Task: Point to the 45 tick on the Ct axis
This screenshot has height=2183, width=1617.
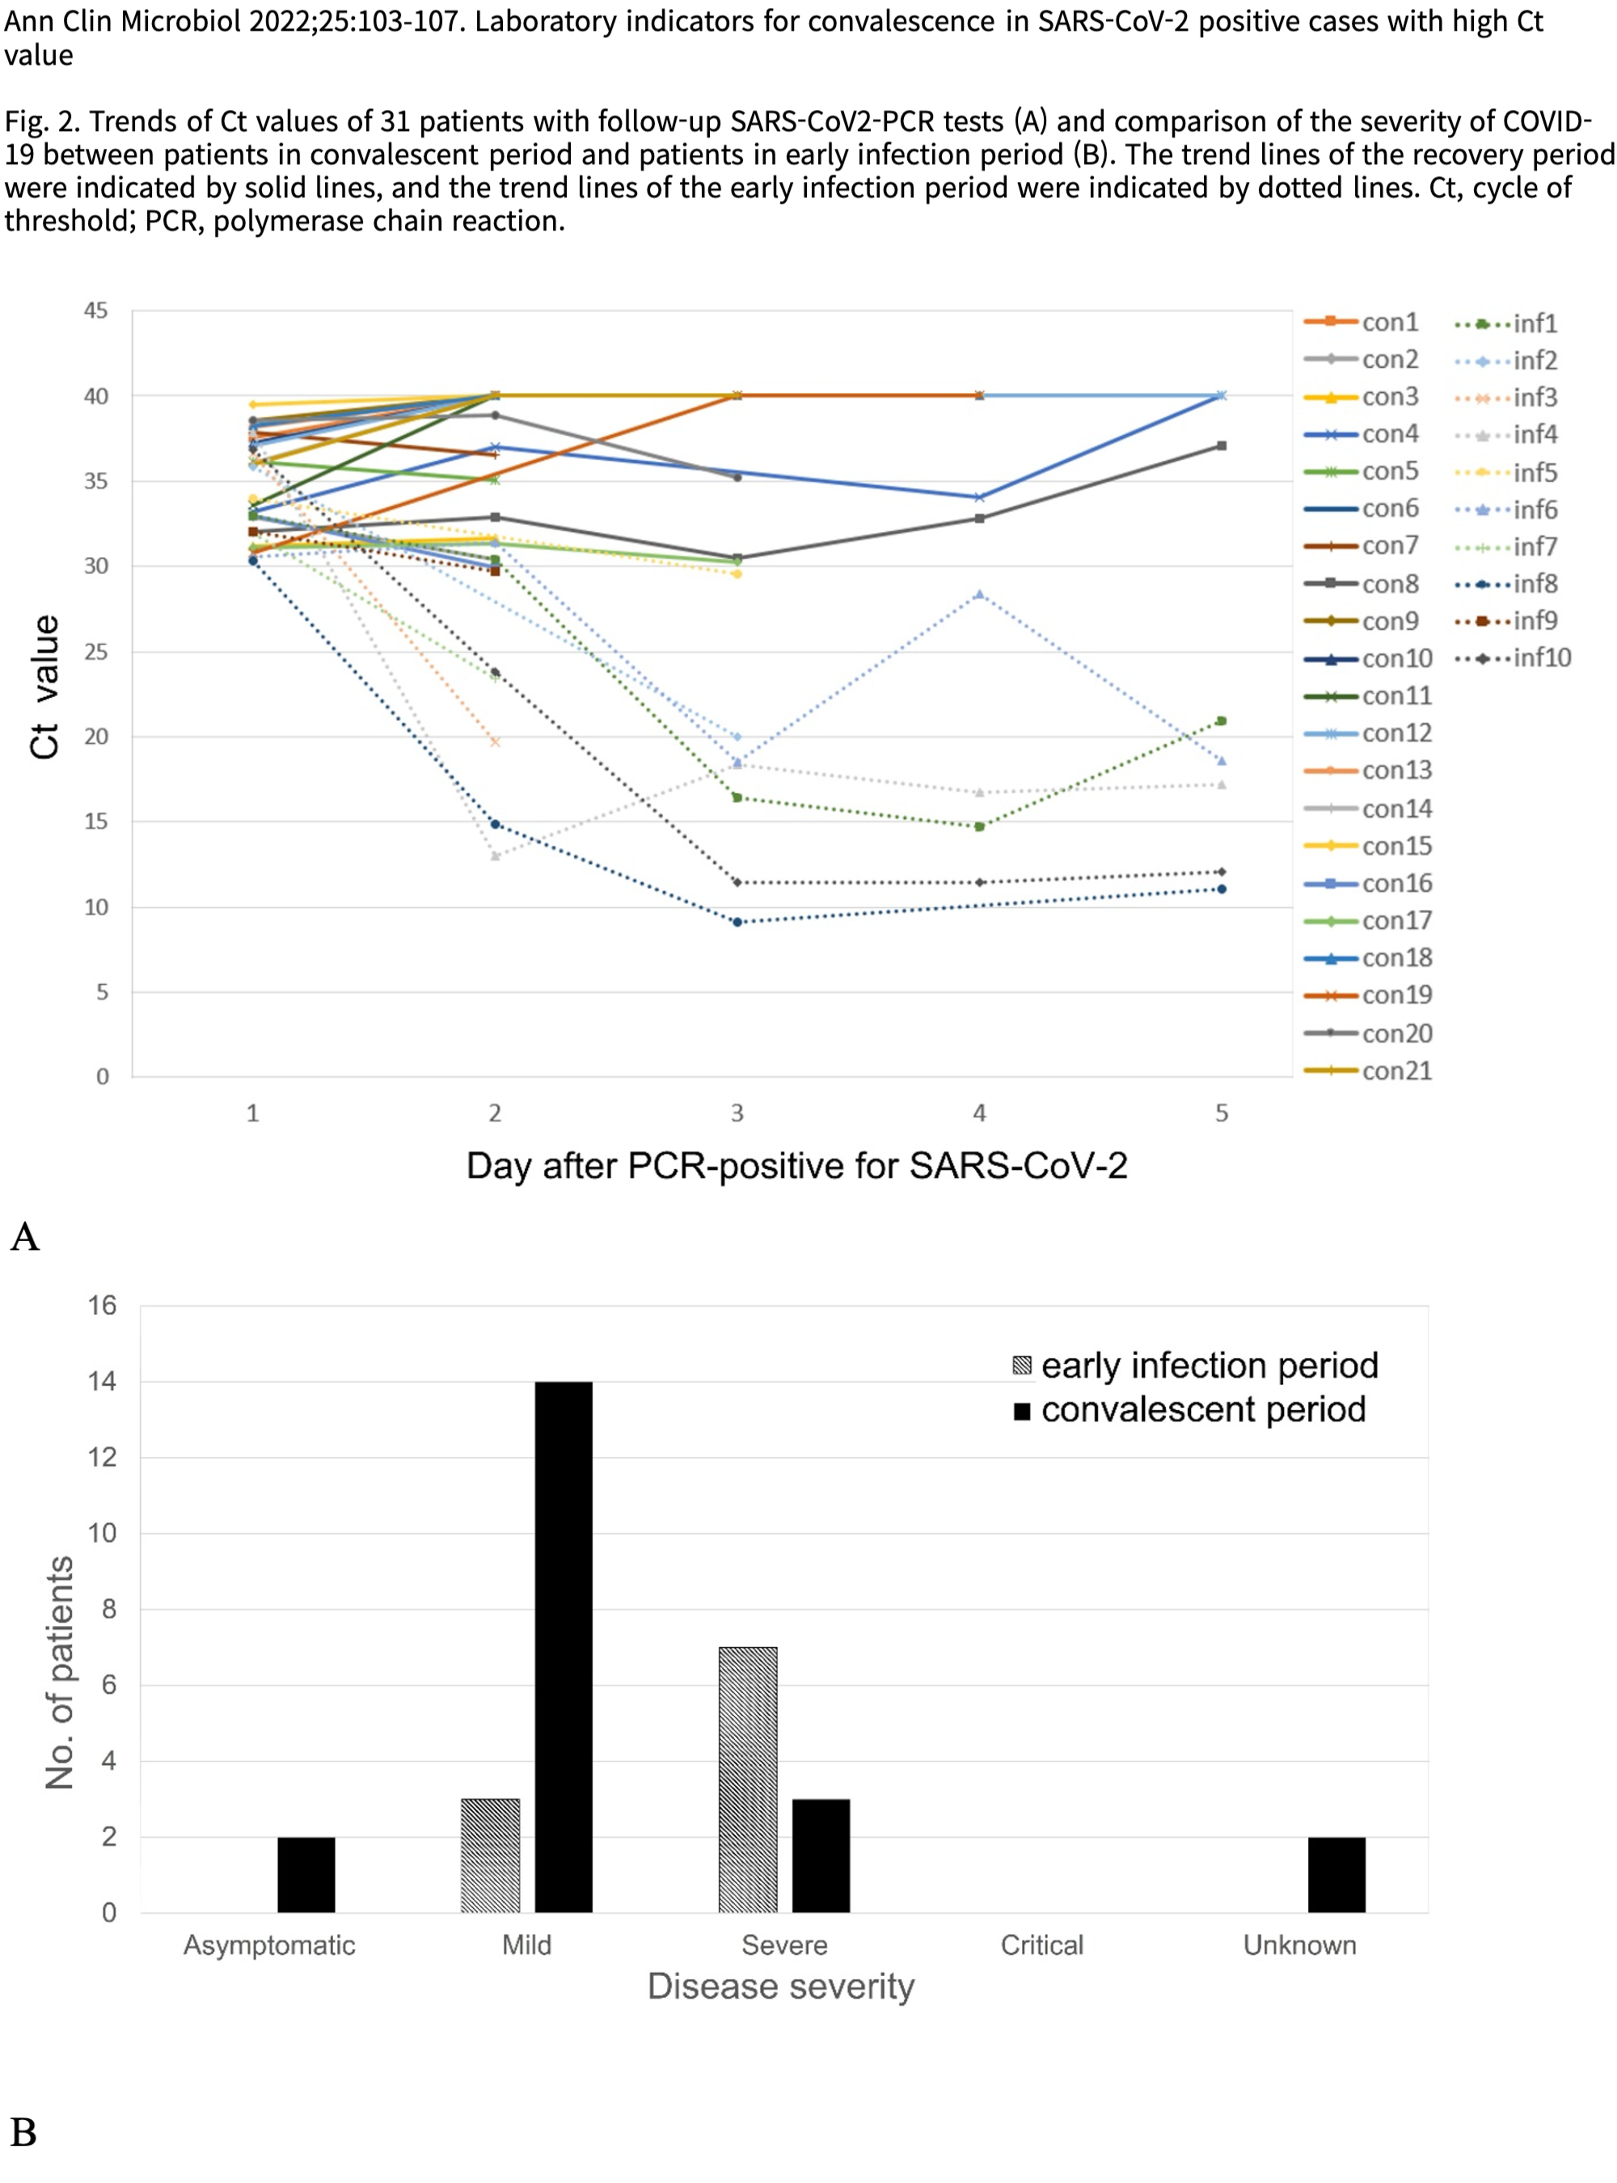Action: [x=96, y=311]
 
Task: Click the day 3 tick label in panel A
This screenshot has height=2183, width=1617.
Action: [x=737, y=1113]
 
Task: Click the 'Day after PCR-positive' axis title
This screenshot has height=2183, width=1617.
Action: [x=796, y=1166]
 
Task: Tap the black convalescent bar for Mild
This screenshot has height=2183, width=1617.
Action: [x=564, y=1647]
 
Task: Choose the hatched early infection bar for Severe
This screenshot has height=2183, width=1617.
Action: [x=748, y=1780]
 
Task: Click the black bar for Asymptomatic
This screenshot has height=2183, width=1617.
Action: [x=306, y=1875]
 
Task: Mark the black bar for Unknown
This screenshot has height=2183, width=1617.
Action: [x=1336, y=1875]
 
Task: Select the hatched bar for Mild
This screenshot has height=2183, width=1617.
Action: [x=491, y=1855]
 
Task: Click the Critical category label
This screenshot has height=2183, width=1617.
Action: [x=1041, y=1945]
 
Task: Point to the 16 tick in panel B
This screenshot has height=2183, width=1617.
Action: [x=102, y=1306]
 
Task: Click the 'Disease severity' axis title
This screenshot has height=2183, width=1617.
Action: [x=781, y=1987]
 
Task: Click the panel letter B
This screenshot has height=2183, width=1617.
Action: [x=23, y=2132]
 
